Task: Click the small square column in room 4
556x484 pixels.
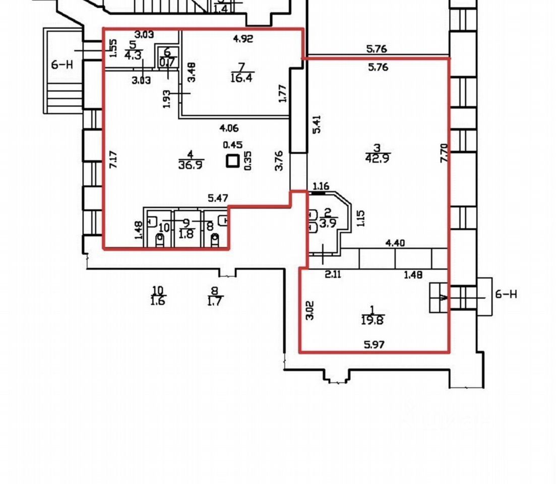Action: point(232,161)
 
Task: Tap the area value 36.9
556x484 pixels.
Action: point(190,164)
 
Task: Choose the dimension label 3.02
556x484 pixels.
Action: point(311,310)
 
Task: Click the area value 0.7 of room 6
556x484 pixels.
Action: point(166,63)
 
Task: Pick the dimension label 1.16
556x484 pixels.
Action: point(321,187)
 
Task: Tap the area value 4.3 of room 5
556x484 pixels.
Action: point(133,54)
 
